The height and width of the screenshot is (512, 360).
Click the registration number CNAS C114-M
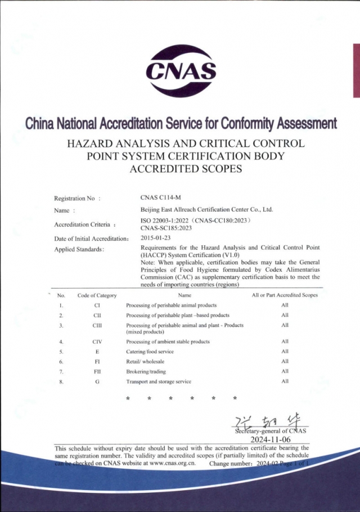point(161,198)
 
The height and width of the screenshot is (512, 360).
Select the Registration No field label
point(76,198)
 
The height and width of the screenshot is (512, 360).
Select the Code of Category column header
point(97,295)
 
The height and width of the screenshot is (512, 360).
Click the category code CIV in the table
point(97,342)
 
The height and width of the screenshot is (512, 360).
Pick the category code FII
point(97,371)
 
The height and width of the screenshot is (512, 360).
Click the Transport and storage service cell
point(159,381)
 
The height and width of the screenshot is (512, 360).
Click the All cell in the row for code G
point(285,381)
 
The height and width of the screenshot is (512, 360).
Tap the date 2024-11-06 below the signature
point(269,439)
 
